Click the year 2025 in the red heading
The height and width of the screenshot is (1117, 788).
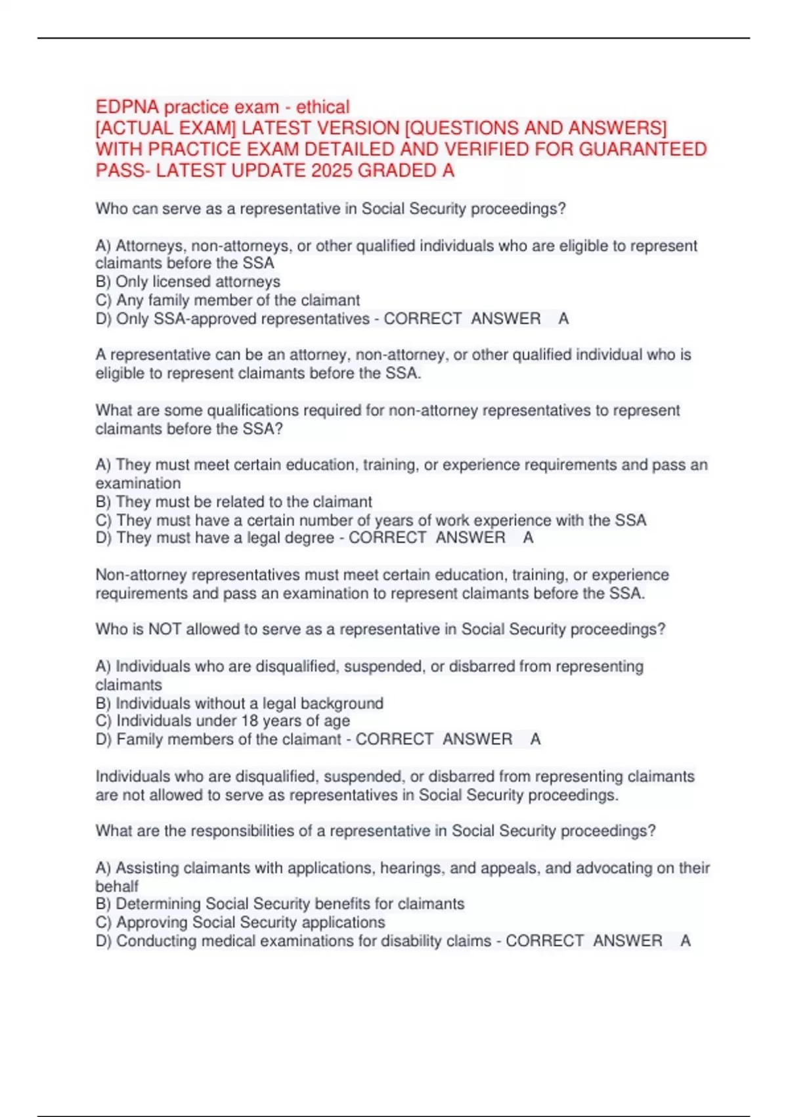coord(332,171)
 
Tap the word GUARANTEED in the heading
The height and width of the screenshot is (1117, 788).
coord(642,150)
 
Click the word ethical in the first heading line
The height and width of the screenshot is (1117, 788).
coord(322,107)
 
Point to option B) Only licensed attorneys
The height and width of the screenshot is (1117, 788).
coord(188,282)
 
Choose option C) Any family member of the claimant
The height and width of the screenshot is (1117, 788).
coord(227,300)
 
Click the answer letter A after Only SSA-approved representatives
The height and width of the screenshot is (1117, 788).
coord(563,319)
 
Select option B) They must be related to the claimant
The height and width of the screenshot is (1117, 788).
coord(234,502)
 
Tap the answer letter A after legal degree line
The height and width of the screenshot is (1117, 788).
coord(528,538)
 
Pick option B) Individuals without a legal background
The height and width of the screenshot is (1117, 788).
coord(239,703)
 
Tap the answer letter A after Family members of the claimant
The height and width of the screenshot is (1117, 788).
coord(535,739)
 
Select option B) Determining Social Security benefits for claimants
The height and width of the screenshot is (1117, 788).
coord(280,904)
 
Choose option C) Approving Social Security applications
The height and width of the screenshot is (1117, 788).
coord(240,923)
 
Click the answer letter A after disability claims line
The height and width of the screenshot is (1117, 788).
coord(685,941)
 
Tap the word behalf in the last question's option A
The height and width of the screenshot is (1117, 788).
coord(117,886)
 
